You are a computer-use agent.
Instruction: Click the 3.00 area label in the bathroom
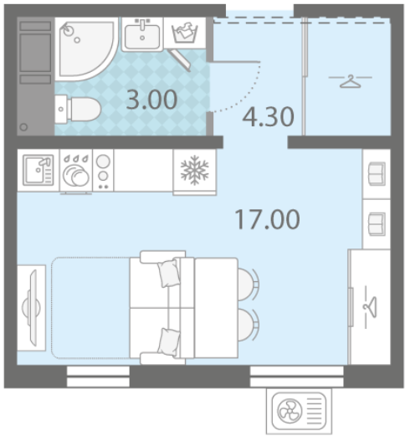pos(151,100)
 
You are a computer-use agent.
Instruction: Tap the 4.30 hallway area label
pos(268,117)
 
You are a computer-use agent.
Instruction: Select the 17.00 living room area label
pos(267,219)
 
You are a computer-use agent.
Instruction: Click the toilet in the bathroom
pos(78,109)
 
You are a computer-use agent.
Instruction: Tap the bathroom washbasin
pos(142,34)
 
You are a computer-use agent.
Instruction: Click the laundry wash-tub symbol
pos(185,33)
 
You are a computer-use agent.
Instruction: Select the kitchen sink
pos(38,170)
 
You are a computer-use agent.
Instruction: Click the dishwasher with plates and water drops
pos(76,171)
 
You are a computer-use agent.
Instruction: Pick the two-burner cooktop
pos(103,171)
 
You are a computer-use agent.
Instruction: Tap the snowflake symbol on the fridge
pos(195,170)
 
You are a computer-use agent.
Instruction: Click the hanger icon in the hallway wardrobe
pos(351,81)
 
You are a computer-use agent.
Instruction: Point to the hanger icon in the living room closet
pos(371,307)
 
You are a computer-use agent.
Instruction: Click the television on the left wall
pos(33,308)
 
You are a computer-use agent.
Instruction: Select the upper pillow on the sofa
pos(169,273)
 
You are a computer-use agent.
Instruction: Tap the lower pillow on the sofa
pos(169,341)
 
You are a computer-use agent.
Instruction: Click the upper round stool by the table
pos(248,284)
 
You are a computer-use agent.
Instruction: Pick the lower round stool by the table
pos(248,325)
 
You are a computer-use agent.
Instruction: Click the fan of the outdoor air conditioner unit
pos(290,411)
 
